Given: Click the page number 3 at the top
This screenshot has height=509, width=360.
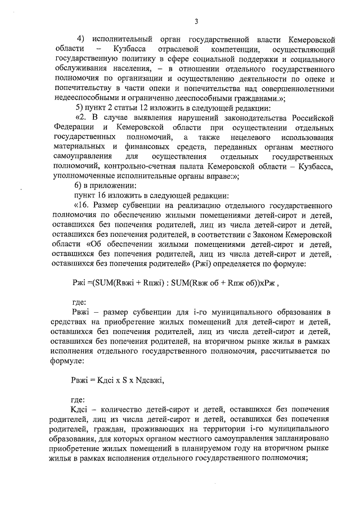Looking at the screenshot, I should [x=196, y=21].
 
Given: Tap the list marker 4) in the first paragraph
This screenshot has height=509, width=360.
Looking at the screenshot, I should [x=81, y=39].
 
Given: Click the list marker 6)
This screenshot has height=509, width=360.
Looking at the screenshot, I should [x=80, y=186].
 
